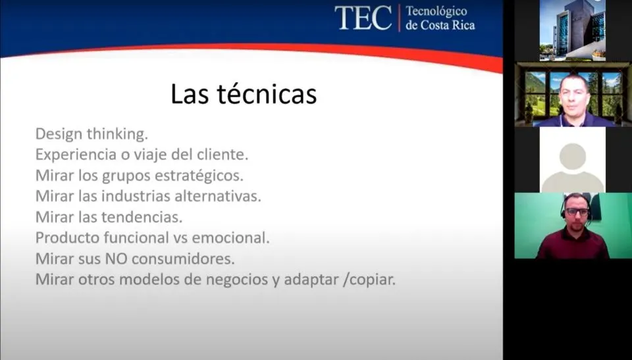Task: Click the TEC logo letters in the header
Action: pos(363,18)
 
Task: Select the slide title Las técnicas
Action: pos(244,94)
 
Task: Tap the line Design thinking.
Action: pos(92,134)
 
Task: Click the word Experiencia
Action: pos(73,155)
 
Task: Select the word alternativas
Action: pos(218,196)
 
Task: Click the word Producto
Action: pos(68,238)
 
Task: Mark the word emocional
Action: pos(230,238)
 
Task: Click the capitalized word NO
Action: pos(117,259)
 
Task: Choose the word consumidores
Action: pos(183,259)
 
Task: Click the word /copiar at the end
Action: pos(369,280)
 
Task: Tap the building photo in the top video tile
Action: pos(572,30)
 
